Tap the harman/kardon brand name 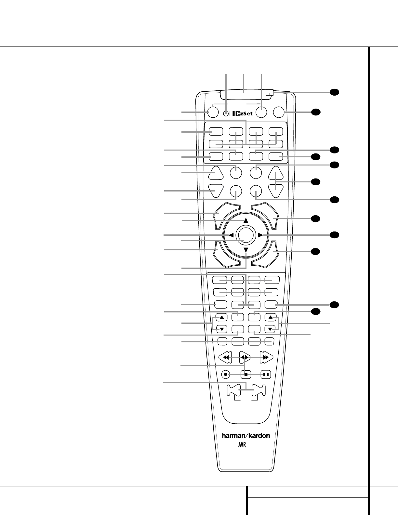point(246,435)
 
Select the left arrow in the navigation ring point(231,235)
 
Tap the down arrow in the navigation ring point(246,250)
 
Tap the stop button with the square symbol point(246,374)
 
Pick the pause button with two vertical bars point(266,374)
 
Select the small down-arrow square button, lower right point(270,329)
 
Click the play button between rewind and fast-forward point(245,357)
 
